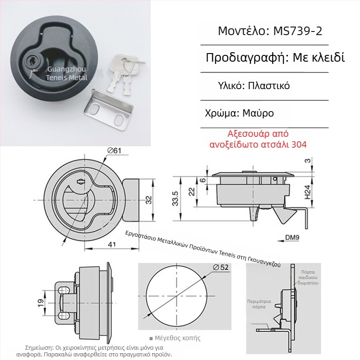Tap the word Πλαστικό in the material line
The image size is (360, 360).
coord(268,85)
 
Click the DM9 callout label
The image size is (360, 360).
coord(293,238)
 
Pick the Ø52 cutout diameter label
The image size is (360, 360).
coord(220,267)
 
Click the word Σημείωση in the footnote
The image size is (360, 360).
coord(40,348)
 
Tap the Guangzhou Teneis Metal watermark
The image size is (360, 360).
coord(69,73)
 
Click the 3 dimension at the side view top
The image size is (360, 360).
coord(307,160)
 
